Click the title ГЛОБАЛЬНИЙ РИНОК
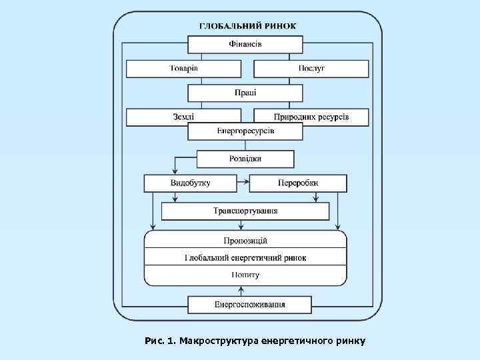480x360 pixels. [247, 26]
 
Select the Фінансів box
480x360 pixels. [245, 45]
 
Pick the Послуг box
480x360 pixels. [311, 69]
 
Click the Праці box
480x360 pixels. [245, 93]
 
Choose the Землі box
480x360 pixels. [183, 117]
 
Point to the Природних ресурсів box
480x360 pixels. [311, 117]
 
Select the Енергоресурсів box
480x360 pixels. [245, 131]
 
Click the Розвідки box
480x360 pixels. [245, 159]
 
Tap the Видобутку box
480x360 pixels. [190, 183]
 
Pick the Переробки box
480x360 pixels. [298, 183]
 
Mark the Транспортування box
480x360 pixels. [245, 211]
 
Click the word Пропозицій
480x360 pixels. [245, 240]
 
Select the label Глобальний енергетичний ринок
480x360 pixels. [245, 257]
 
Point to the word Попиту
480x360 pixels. [245, 275]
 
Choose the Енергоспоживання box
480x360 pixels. [249, 305]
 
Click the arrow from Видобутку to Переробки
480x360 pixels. [243, 181]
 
